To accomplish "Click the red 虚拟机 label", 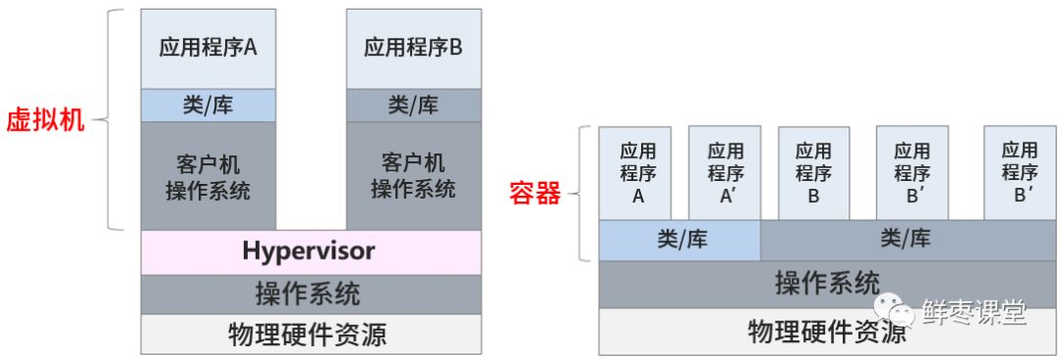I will [x=46, y=121].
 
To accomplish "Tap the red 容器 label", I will [x=534, y=193].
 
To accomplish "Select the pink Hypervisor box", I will [x=311, y=252].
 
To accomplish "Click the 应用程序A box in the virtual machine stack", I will [x=208, y=48].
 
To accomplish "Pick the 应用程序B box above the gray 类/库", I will [x=413, y=48].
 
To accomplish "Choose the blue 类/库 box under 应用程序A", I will [x=208, y=104].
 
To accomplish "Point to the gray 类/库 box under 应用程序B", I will [x=413, y=104].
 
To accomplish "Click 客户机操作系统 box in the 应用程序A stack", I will [x=208, y=175].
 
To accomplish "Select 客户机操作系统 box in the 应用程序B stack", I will [x=413, y=175].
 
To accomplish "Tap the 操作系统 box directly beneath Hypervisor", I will [x=311, y=293].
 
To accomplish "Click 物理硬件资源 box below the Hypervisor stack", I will [x=311, y=333].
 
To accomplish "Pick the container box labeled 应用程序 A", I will [x=636, y=172].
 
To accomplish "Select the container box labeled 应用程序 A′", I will [x=725, y=172].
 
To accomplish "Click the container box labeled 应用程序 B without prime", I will [x=813, y=172].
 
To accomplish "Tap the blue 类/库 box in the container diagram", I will [x=680, y=239].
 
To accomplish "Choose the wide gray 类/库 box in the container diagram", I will [x=905, y=239].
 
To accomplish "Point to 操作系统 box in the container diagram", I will [x=826, y=283].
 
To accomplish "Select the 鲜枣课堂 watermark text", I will [x=973, y=313].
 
